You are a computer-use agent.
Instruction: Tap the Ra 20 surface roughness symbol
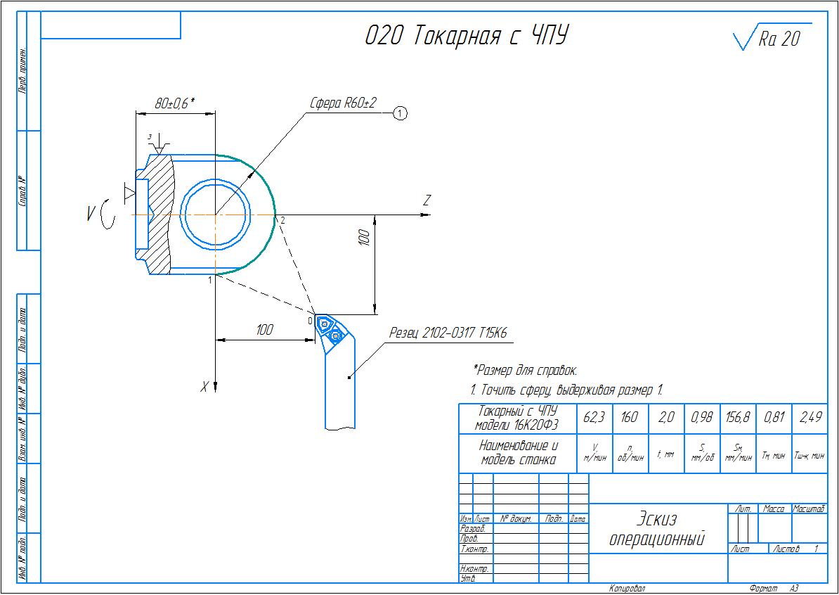(769, 38)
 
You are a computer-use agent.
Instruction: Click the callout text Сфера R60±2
(343, 103)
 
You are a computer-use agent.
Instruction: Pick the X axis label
(204, 386)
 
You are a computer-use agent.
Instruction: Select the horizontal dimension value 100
(264, 330)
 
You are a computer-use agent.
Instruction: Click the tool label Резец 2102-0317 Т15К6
(448, 332)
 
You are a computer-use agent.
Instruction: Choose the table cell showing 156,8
(737, 418)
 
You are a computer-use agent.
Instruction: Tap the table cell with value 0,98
(701, 418)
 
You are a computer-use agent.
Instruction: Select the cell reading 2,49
(809, 418)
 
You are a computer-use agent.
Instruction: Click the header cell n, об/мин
(630, 454)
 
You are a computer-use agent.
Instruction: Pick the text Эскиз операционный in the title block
(656, 529)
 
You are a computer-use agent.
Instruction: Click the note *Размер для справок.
(526, 370)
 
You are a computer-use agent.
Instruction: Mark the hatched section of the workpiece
(160, 215)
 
